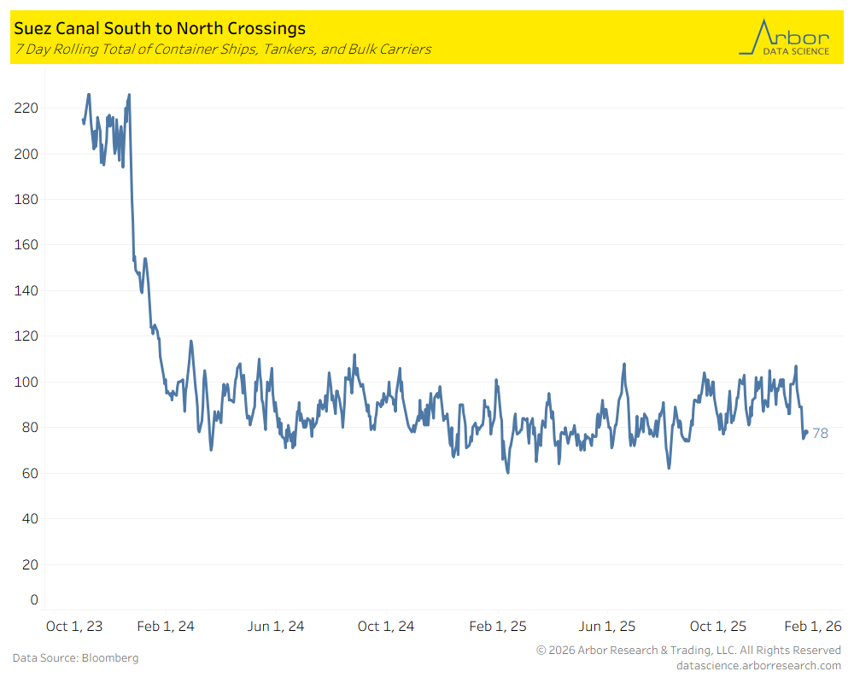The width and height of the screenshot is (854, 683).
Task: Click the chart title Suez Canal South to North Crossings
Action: click(x=160, y=30)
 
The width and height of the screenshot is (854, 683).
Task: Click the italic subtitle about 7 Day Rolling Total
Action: click(x=222, y=50)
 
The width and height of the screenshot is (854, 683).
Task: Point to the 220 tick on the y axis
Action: click(x=26, y=108)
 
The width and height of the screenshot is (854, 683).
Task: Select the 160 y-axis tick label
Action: click(x=26, y=245)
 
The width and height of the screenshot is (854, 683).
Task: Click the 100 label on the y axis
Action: click(x=26, y=382)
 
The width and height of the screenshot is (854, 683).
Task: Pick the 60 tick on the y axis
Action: click(x=30, y=473)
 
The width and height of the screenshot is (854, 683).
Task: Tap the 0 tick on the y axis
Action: click(x=34, y=599)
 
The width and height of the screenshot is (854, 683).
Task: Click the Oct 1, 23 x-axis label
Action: click(x=74, y=627)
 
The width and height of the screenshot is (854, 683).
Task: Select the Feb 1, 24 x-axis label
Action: click(x=166, y=627)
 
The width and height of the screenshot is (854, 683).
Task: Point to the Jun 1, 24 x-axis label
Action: click(x=276, y=627)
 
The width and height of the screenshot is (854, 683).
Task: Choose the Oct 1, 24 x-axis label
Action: click(x=386, y=627)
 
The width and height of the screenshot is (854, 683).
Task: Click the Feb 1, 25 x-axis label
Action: click(x=498, y=627)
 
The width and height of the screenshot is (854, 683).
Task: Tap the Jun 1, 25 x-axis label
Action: click(x=607, y=627)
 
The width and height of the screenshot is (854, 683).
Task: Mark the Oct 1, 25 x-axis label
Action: click(x=718, y=627)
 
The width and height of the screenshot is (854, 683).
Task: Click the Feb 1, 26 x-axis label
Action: click(x=813, y=627)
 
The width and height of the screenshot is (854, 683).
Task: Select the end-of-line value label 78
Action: click(x=820, y=434)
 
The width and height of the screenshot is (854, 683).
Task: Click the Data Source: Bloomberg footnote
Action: click(x=75, y=658)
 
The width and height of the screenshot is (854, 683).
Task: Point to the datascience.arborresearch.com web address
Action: click(x=758, y=665)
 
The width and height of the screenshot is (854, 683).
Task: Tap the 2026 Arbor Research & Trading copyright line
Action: click(x=688, y=651)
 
